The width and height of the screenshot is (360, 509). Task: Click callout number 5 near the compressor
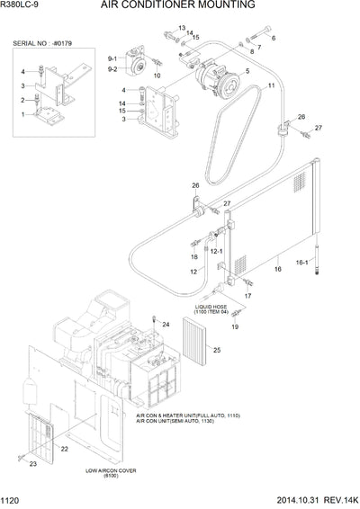pos(245,95)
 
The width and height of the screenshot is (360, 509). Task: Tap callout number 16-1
pos(328,263)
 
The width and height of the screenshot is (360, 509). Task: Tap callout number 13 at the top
pos(181,29)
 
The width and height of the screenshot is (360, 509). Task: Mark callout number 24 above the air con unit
pos(166,323)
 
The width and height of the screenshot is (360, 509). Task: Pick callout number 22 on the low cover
pos(65,449)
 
